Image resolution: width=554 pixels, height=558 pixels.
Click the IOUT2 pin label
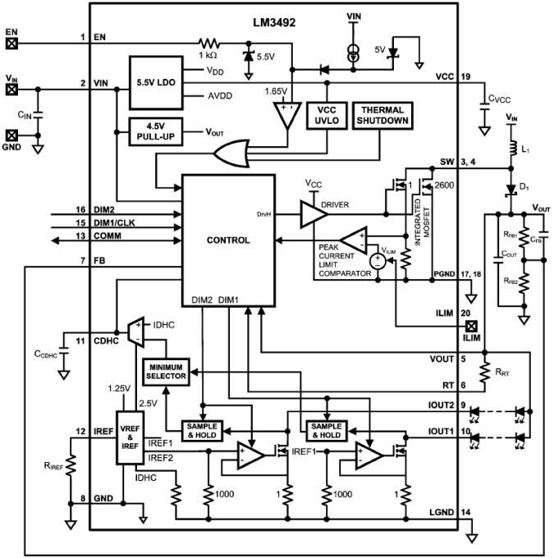pos(442,404)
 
